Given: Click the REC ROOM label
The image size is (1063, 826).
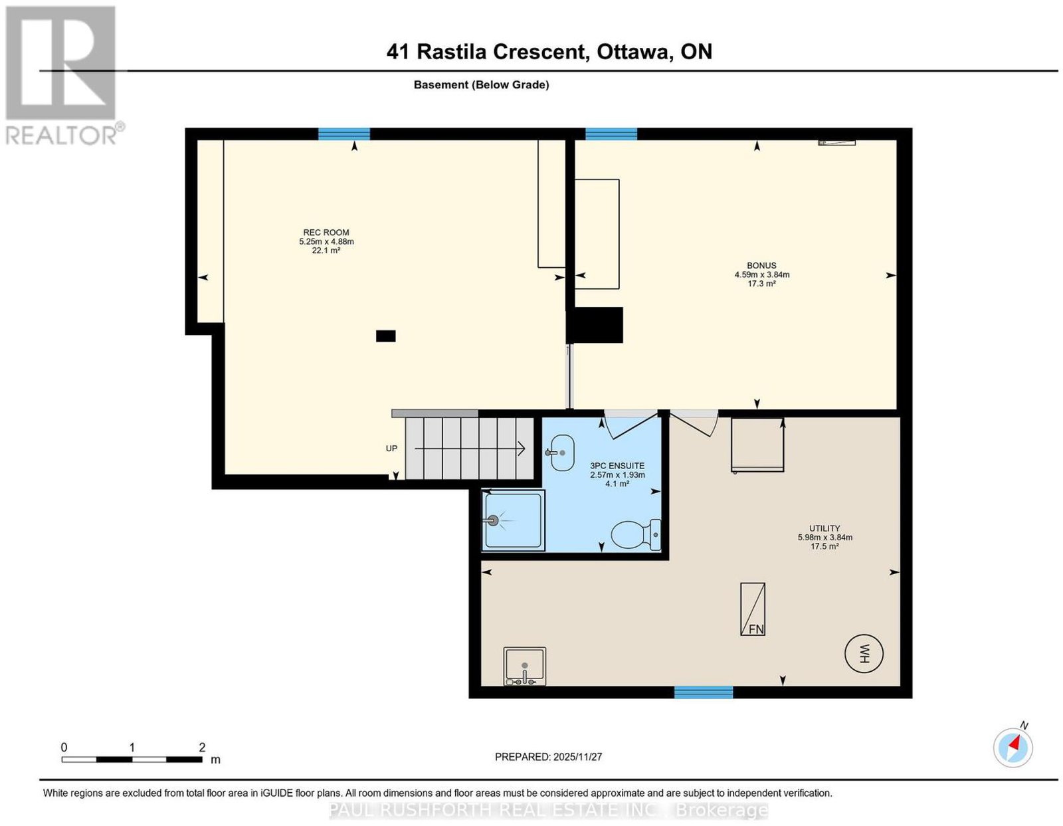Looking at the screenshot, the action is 326,233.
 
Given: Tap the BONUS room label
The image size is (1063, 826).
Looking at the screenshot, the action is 761,266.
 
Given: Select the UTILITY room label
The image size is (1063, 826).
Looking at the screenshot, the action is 824,528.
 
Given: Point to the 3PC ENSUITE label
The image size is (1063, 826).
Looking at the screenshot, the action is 617,466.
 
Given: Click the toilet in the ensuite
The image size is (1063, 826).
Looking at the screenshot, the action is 636,534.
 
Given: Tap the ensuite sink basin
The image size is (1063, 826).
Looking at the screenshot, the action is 561,453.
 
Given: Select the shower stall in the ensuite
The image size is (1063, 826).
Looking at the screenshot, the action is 513,520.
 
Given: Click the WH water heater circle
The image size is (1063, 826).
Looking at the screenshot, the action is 864,653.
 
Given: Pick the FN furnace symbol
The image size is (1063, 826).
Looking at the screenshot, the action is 752,609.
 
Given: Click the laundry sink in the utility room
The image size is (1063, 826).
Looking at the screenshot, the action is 524,666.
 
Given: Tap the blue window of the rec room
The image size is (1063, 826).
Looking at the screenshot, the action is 344,134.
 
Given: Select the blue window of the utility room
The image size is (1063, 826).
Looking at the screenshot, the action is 704,692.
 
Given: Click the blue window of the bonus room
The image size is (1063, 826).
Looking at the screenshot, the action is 611,134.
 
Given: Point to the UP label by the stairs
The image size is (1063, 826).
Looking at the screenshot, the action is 391,449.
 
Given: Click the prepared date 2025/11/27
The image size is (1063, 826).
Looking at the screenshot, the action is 577,757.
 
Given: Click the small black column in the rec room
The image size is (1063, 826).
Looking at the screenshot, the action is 385,336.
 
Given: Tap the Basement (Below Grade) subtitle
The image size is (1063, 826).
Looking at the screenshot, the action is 482,84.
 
